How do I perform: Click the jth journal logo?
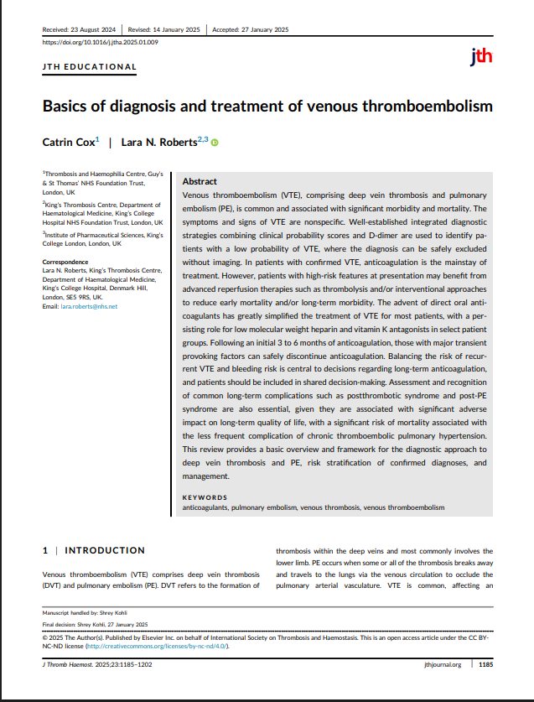pyautogui.click(x=481, y=57)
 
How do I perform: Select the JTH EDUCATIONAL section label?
pyautogui.click(x=89, y=67)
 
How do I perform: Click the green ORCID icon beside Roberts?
pyautogui.click(x=215, y=143)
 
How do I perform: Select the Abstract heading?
pyautogui.click(x=200, y=181)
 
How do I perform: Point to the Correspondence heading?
pyautogui.click(x=65, y=263)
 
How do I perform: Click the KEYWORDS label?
pyautogui.click(x=205, y=497)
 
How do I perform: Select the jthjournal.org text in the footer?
pyautogui.click(x=443, y=665)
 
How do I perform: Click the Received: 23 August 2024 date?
pyautogui.click(x=81, y=29)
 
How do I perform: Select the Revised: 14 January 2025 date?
pyautogui.click(x=164, y=29)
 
